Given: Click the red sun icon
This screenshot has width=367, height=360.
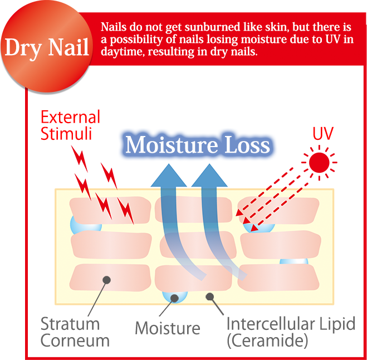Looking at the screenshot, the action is pyautogui.click(x=319, y=162).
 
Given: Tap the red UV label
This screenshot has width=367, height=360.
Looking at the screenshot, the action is pyautogui.click(x=323, y=134).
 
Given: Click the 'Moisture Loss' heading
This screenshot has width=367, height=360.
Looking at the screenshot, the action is pyautogui.click(x=198, y=145).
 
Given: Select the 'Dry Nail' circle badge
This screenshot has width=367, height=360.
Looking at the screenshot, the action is pyautogui.click(x=47, y=46).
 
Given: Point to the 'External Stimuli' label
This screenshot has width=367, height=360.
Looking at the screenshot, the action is pyautogui.click(x=71, y=125).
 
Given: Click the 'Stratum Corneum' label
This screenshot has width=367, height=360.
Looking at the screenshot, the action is pyautogui.click(x=75, y=332).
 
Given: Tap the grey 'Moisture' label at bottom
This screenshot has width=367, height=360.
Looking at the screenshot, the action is pyautogui.click(x=168, y=328).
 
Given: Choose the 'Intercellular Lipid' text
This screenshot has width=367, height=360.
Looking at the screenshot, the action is pyautogui.click(x=291, y=324).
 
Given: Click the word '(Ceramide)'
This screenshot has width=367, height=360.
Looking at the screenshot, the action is pyautogui.click(x=267, y=340).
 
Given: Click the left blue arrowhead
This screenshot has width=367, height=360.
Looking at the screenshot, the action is pyautogui.click(x=169, y=176).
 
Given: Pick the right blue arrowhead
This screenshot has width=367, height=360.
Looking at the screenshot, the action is pyautogui.click(x=209, y=176).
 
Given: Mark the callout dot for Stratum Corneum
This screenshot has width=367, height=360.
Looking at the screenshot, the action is pyautogui.click(x=107, y=280).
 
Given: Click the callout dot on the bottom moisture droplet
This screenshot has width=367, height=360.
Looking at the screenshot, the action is pyautogui.click(x=175, y=298).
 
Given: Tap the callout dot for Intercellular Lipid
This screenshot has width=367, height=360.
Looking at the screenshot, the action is pyautogui.click(x=210, y=297).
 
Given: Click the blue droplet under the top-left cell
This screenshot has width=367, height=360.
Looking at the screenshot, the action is pyautogui.click(x=86, y=225).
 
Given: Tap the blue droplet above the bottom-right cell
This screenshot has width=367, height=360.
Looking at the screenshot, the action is pyautogui.click(x=294, y=262).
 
